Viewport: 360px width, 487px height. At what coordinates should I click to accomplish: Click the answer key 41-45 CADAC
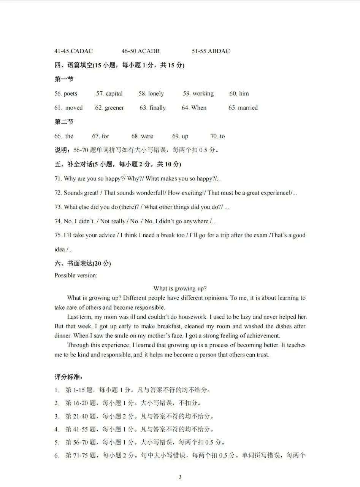click(x=73, y=51)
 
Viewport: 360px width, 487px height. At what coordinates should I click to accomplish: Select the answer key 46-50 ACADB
click(x=140, y=51)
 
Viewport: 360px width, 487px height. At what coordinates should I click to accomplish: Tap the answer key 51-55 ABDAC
click(x=211, y=51)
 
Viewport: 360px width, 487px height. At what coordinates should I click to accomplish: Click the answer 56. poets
click(x=66, y=94)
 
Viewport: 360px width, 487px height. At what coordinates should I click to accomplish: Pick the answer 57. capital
click(x=109, y=94)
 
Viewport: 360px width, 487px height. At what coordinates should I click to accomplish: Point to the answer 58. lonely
click(x=151, y=94)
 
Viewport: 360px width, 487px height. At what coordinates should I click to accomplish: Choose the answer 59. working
click(x=198, y=94)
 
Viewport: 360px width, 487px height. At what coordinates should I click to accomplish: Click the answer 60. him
click(x=239, y=94)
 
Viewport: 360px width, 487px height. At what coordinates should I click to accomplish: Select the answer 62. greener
click(x=109, y=108)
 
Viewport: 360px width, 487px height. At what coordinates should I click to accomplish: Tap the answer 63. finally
click(x=152, y=108)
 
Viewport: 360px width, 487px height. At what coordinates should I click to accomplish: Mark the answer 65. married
click(x=243, y=108)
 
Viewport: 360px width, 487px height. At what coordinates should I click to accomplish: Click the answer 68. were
click(x=142, y=136)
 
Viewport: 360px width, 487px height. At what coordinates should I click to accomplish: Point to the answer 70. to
click(x=217, y=136)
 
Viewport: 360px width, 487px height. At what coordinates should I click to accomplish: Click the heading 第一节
click(x=64, y=79)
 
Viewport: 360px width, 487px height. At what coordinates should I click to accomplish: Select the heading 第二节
click(x=64, y=122)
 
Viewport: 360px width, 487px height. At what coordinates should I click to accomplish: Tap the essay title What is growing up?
click(x=180, y=288)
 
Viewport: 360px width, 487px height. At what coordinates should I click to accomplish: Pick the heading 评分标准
click(x=68, y=377)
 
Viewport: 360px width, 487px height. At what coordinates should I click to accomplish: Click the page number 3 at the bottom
click(x=180, y=477)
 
